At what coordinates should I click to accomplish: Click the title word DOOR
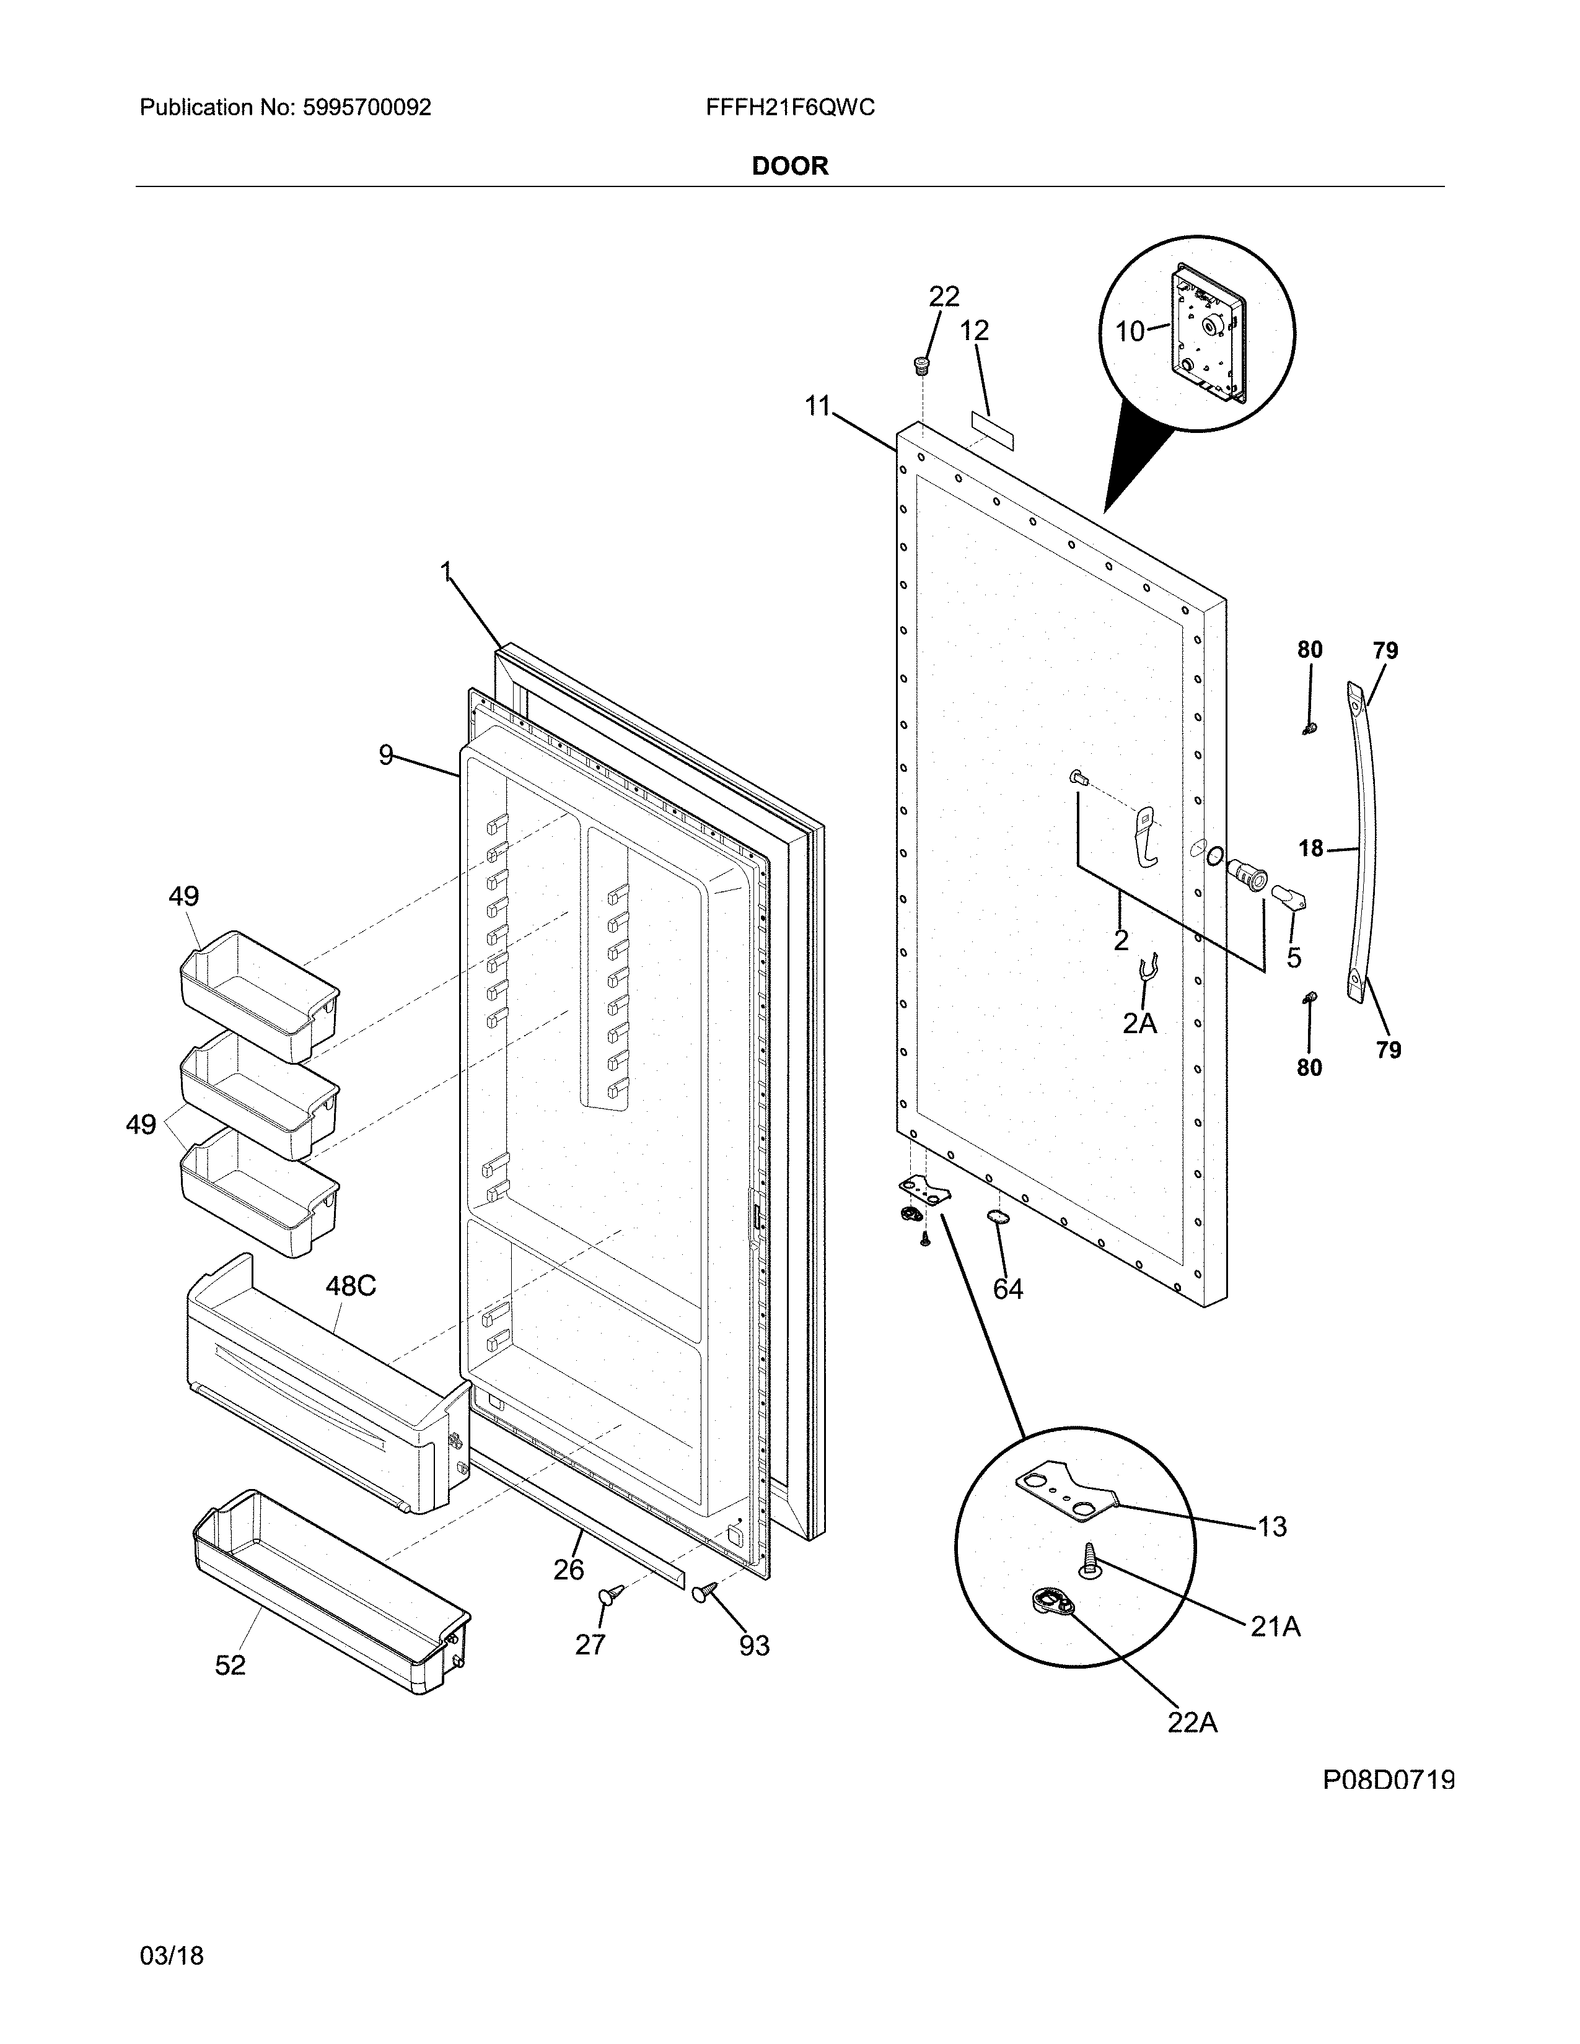(x=790, y=167)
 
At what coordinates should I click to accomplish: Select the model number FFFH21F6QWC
(x=790, y=108)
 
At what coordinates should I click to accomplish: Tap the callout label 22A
(x=1192, y=1722)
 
